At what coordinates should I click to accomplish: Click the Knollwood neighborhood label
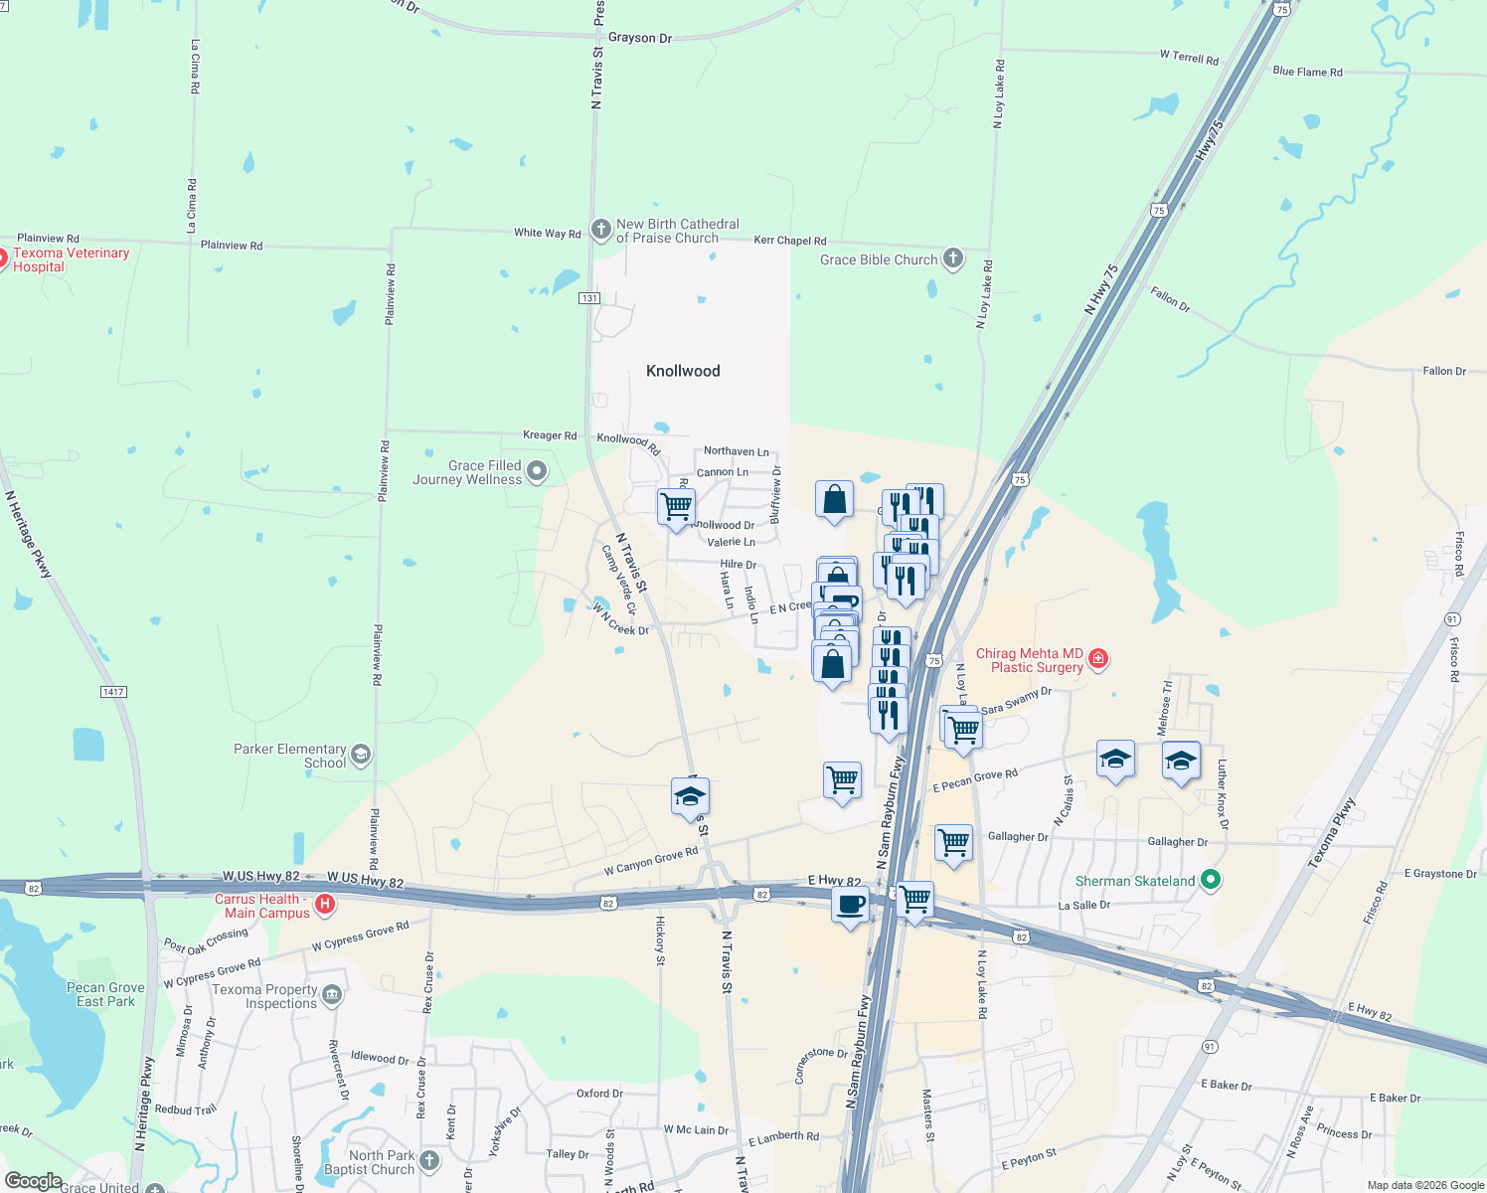tap(683, 371)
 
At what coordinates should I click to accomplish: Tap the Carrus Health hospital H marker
tap(324, 905)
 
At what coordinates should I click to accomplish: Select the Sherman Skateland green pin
tap(1210, 880)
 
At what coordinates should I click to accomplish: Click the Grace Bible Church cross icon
tap(952, 259)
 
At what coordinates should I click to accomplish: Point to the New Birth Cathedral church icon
tap(600, 230)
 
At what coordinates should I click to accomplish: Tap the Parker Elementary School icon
tap(360, 755)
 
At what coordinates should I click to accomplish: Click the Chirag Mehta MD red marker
tap(1097, 658)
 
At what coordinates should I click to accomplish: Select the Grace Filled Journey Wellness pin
tap(537, 471)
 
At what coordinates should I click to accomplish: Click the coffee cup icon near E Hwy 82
tap(850, 905)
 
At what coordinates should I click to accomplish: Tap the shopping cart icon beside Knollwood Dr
tap(676, 506)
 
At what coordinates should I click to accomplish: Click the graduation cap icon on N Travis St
tap(690, 796)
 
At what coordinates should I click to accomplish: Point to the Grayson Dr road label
tap(639, 38)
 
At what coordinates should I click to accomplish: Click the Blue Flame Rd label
tap(1307, 72)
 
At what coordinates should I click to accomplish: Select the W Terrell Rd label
tap(1189, 57)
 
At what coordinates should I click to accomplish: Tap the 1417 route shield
tap(113, 692)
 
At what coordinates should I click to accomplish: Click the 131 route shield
tap(589, 298)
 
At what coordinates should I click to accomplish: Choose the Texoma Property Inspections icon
tap(332, 994)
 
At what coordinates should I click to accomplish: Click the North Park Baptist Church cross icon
tap(428, 1160)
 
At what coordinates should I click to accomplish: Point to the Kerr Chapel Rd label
tap(789, 241)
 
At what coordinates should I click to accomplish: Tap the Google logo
tap(33, 1180)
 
